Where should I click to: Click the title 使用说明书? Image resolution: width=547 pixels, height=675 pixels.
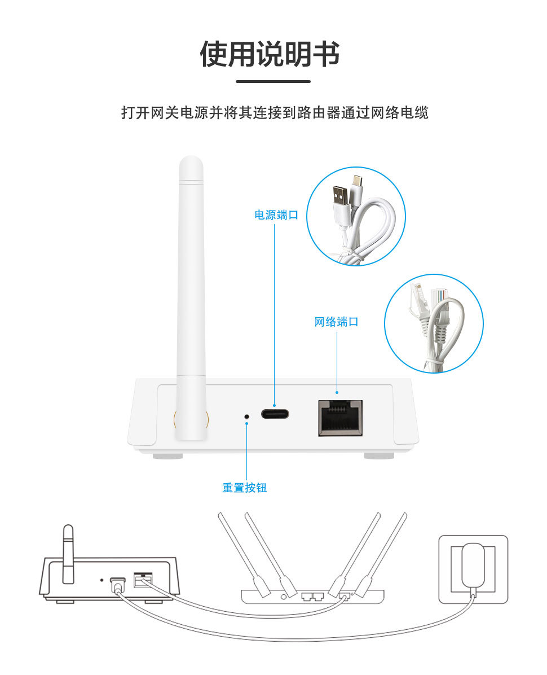[x=270, y=54]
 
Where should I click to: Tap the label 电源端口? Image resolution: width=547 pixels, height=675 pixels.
[x=276, y=215]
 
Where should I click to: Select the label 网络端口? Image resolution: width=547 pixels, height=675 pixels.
[x=336, y=322]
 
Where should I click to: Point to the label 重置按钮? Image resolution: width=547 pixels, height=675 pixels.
[x=244, y=488]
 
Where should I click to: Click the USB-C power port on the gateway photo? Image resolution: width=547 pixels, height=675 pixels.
[x=275, y=415]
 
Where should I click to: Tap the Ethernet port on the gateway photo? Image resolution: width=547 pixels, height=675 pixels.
[x=340, y=418]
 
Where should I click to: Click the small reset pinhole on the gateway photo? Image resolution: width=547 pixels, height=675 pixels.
[x=246, y=417]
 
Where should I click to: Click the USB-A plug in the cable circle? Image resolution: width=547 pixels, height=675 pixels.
[x=341, y=201]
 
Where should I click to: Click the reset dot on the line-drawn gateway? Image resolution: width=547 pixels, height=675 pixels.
[x=102, y=580]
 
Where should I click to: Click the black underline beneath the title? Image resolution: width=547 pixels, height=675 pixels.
[x=273, y=81]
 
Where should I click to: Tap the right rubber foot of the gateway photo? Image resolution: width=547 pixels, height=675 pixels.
[x=380, y=455]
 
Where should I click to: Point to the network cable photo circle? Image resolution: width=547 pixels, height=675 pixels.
[x=434, y=323]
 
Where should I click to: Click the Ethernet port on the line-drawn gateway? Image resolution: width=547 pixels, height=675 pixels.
[x=143, y=580]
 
